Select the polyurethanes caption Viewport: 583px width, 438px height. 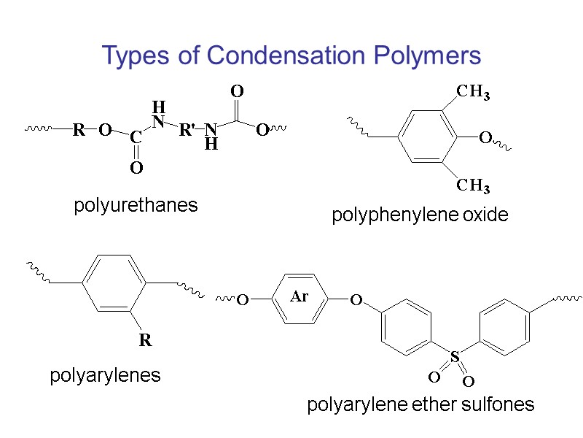coord(136,205)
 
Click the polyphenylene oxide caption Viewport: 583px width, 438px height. coord(420,215)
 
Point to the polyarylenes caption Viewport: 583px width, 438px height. coord(105,376)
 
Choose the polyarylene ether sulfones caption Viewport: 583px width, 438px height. coord(420,404)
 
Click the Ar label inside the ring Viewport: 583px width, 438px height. coord(300,297)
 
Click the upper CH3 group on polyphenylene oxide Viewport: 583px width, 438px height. coord(472,93)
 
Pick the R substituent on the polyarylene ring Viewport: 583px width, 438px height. coord(145,340)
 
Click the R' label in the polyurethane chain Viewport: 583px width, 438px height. coord(187,131)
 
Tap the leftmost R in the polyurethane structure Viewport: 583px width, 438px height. coord(78,131)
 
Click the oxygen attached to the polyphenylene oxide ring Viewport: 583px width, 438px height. coord(485,138)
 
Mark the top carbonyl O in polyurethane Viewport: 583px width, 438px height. coord(236,92)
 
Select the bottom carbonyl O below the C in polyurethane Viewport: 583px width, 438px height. coord(136,169)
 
